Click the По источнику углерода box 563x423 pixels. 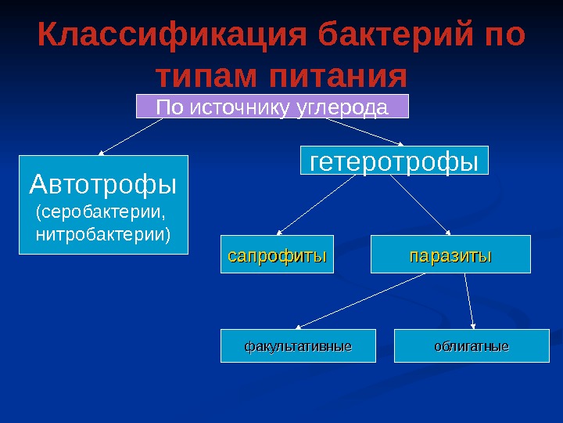coord(272,107)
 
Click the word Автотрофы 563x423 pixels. coord(103,185)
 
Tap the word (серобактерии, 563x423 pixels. coord(102,212)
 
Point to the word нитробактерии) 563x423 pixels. coord(102,233)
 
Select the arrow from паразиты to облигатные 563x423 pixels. coord(470,300)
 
